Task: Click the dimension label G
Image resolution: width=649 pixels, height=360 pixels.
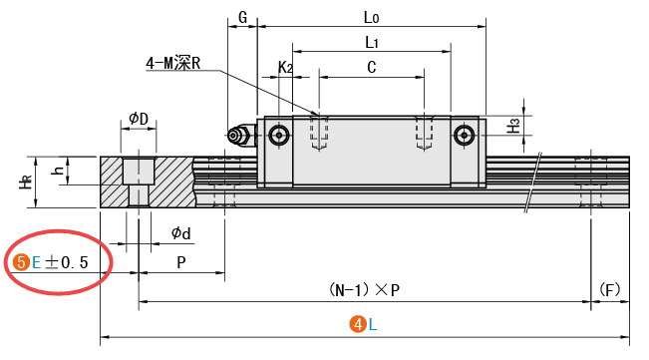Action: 243,17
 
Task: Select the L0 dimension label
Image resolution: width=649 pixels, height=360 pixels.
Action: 371,17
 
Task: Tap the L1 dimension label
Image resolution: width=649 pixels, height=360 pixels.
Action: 371,42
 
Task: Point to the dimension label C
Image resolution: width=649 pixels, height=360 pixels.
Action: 372,67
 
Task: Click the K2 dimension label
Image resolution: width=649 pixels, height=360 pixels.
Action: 285,67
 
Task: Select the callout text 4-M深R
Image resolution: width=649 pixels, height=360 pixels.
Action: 173,63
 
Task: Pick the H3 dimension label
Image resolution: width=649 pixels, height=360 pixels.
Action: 513,126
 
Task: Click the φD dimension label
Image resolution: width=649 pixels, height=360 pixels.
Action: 139,119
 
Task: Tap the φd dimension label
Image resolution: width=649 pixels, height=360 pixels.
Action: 181,233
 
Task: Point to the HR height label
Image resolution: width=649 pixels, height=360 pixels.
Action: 26,181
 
